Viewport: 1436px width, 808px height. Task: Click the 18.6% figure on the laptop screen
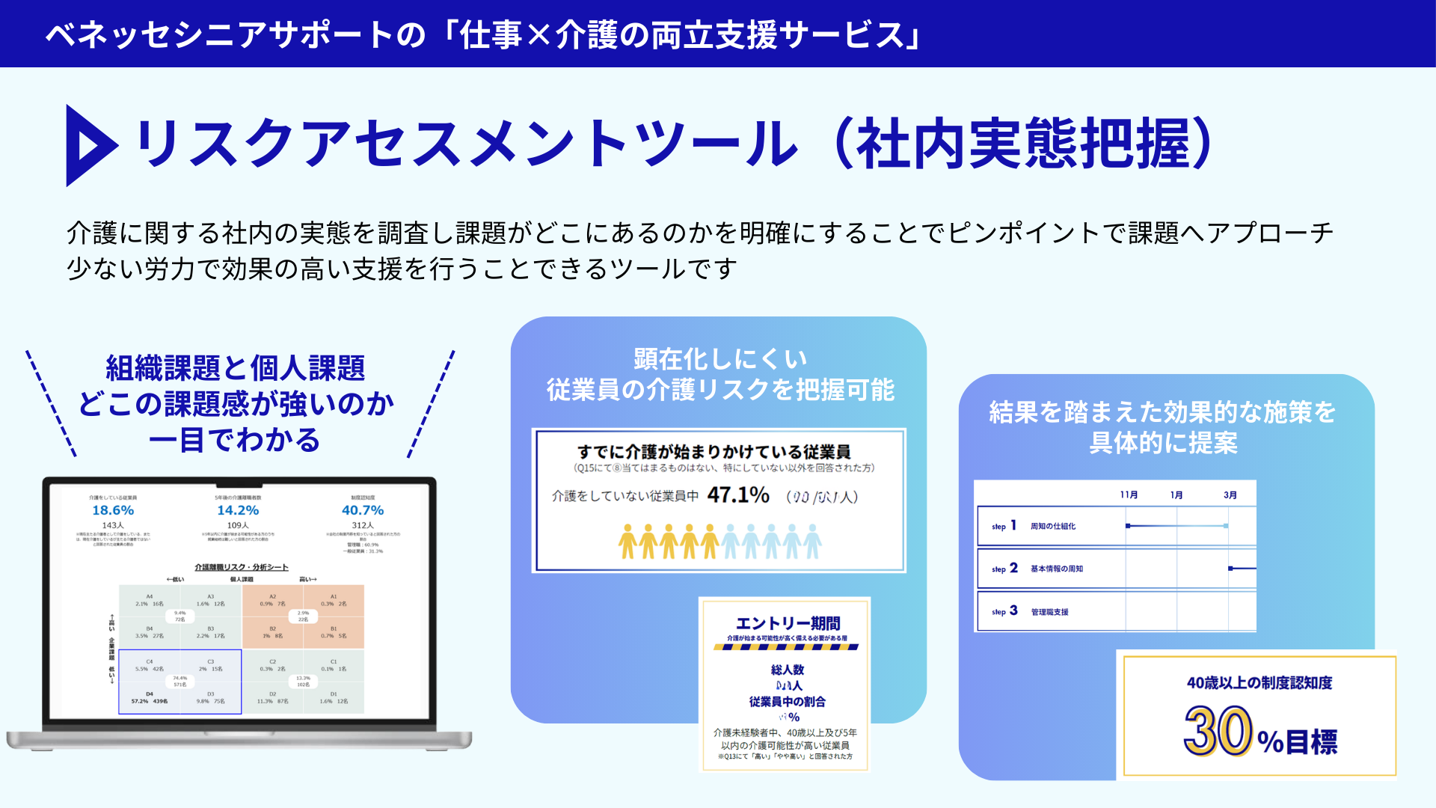(113, 510)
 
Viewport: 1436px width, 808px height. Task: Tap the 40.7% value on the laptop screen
(363, 510)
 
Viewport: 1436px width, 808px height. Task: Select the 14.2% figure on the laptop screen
(238, 510)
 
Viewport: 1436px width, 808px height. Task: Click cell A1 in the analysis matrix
(334, 600)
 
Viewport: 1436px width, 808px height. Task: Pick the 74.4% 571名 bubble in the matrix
(180, 681)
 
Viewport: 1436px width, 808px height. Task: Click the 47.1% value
(738, 495)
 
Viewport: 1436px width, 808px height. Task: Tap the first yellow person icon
(628, 541)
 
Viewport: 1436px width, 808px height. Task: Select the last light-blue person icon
(812, 541)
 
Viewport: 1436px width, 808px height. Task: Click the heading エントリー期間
(788, 623)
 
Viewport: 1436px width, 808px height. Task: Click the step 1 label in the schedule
(1004, 526)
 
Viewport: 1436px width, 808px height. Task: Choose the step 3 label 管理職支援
(1049, 612)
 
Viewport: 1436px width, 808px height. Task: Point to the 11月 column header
(1129, 495)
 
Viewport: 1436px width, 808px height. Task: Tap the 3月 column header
(1230, 495)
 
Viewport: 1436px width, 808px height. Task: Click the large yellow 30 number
(1218, 731)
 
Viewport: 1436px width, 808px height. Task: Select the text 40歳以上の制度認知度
(1259, 682)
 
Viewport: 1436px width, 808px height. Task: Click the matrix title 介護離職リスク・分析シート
(242, 567)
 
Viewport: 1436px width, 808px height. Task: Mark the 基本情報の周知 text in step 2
(1056, 569)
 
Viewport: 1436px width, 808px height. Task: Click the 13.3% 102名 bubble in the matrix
(303, 681)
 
